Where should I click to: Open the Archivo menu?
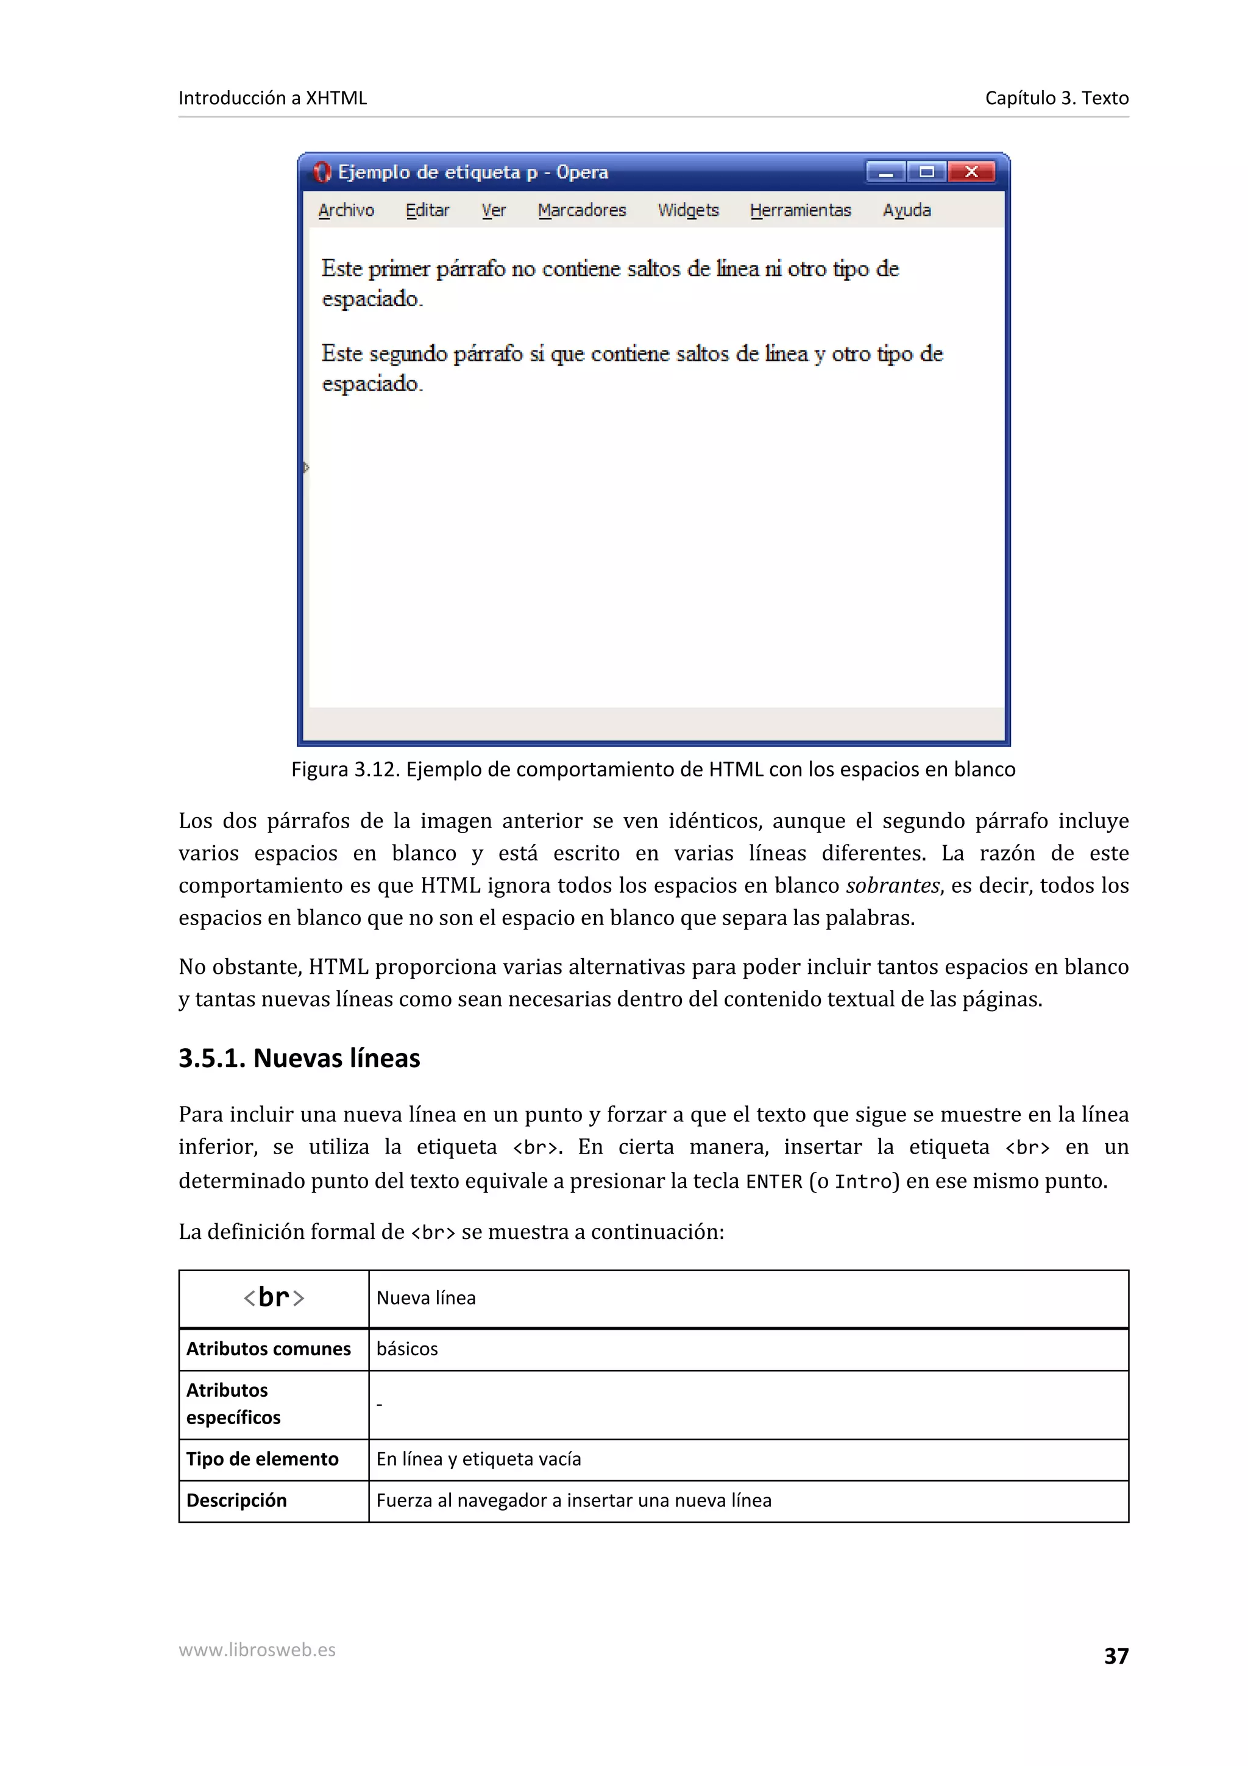pos(346,210)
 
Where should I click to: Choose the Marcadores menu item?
pos(582,210)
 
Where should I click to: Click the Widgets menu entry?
pos(688,210)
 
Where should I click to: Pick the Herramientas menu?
pos(801,210)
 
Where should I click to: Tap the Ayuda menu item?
pos(907,210)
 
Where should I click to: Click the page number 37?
pos(1116,1655)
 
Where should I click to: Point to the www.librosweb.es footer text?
pos(257,1650)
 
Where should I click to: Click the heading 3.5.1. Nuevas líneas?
pos(299,1059)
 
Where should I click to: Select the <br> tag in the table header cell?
pos(274,1297)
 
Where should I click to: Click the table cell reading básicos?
pos(407,1349)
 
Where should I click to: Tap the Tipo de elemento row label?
pos(262,1459)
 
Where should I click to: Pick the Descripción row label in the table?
pos(236,1501)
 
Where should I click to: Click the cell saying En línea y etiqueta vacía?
pos(478,1459)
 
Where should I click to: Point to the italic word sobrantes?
pos(892,885)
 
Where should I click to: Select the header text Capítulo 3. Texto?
pos(1057,98)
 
